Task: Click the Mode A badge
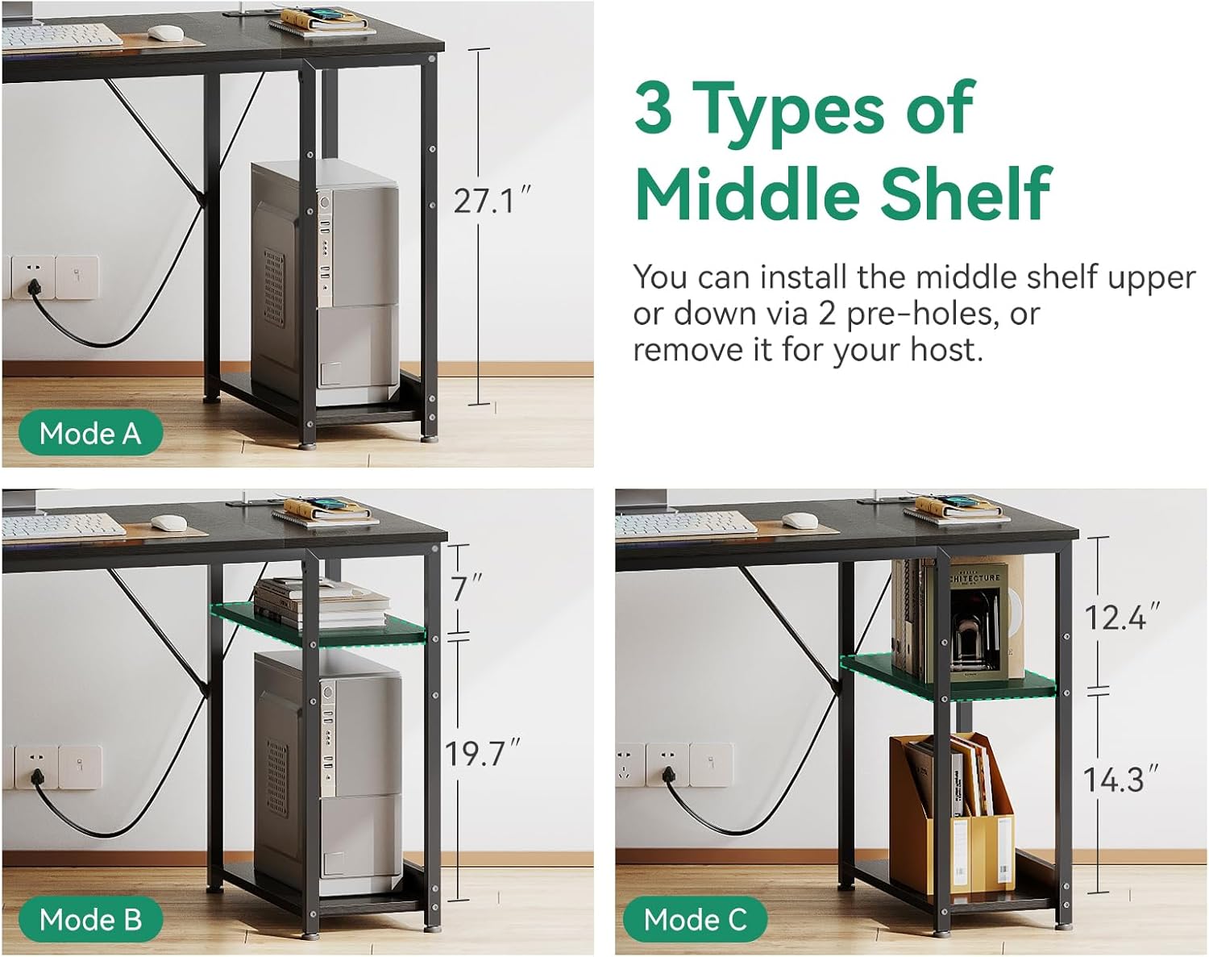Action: click(x=90, y=433)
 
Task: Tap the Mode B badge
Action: click(x=90, y=919)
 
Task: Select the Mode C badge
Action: click(x=695, y=919)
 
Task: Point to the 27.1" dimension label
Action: click(x=492, y=201)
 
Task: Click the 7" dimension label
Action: click(x=466, y=588)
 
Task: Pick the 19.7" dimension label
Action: click(x=482, y=754)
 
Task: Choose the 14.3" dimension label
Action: click(x=1120, y=780)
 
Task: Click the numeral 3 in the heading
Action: click(x=654, y=106)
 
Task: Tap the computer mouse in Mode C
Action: click(x=800, y=520)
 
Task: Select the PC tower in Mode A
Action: click(x=326, y=283)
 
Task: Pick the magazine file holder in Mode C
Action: click(x=952, y=813)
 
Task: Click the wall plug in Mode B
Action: click(x=37, y=777)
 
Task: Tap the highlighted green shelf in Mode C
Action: click(x=949, y=676)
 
